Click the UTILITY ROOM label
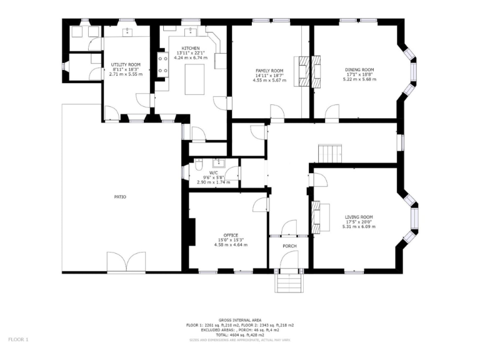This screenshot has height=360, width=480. point(126,64)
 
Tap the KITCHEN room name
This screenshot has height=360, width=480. point(191,48)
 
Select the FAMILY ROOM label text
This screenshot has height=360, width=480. point(269,71)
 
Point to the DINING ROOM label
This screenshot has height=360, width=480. point(359,69)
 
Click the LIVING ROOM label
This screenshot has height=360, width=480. point(359,217)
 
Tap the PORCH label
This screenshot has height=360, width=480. point(289,246)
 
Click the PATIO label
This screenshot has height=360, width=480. point(120,197)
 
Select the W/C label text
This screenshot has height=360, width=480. point(214,172)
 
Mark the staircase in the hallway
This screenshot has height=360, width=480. point(331,152)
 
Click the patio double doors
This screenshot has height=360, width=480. point(126,262)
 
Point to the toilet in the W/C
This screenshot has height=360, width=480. point(198,166)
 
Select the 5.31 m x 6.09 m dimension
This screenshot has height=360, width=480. point(359,226)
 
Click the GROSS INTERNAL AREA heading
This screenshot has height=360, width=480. point(240,319)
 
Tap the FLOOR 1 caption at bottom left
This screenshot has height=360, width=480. point(19,339)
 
